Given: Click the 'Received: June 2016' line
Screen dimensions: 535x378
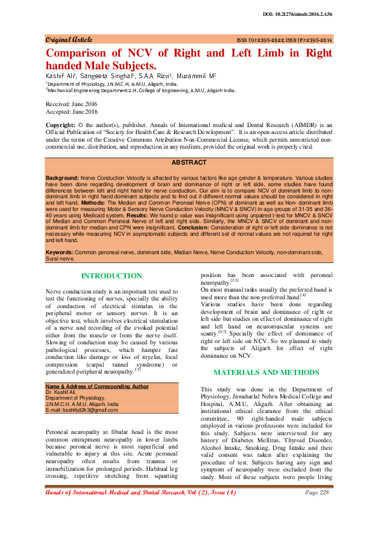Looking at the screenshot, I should coord(71,104).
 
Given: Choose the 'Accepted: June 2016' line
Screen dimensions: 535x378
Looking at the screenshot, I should coord(71,111).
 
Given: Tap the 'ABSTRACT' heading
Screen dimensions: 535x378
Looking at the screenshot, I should coord(189,163).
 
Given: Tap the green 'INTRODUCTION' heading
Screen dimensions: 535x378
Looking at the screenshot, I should coord(112,276).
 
